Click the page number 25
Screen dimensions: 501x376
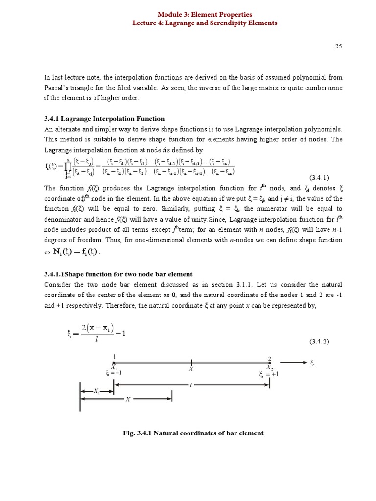pos(338,46)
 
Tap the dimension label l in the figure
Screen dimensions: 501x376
pos(190,386)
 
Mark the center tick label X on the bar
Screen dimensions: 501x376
pos(191,370)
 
